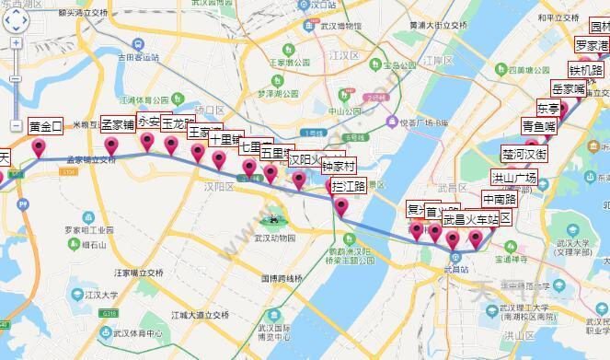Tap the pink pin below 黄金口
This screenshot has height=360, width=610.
click(39, 149)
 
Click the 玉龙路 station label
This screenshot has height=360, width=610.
click(178, 122)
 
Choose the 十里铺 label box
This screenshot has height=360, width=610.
click(224, 140)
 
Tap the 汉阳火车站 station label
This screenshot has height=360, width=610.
click(316, 158)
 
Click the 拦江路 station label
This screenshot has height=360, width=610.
click(348, 186)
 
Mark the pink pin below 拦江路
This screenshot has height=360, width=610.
click(341, 208)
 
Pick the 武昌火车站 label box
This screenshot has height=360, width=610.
click(470, 220)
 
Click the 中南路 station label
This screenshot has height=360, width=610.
click(500, 198)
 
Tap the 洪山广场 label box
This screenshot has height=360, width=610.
click(513, 178)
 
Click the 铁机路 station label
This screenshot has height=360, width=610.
click(585, 69)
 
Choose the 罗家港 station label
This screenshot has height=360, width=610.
click(592, 45)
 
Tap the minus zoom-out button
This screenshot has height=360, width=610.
click(16, 124)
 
